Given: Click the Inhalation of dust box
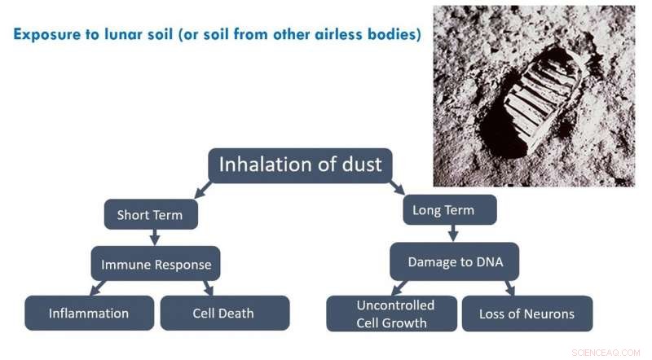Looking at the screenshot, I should point(301,165).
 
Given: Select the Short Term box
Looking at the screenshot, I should point(151,215).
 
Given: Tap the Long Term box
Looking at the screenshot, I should point(449,210).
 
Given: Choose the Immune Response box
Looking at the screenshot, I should point(156,264).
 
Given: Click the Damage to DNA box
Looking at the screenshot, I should point(453,261).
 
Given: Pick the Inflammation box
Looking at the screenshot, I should point(89,313).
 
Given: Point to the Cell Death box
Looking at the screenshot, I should point(224,313).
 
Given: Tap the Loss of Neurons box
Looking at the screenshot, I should point(526,314).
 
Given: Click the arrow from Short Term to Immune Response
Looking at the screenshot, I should point(155,237).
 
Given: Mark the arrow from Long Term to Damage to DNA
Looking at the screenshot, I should point(453,234).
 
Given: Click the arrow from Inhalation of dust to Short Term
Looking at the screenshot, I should point(201,190).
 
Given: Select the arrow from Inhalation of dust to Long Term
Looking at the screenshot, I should point(397,189).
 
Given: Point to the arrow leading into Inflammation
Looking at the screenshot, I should point(99,288).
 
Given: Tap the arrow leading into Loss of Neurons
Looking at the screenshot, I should point(509,288).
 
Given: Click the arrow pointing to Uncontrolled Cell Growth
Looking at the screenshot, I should point(399,288).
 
